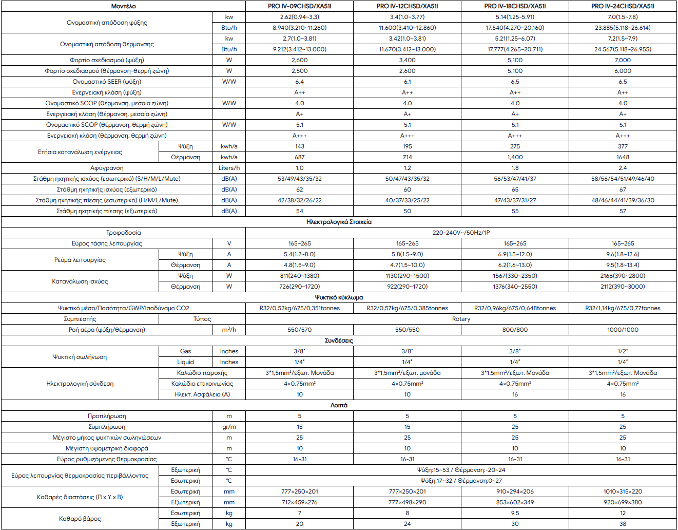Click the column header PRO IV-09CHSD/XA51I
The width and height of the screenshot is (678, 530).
click(x=299, y=6)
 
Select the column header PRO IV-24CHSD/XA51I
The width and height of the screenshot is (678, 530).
click(x=623, y=6)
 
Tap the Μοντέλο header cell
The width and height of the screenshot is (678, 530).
click(x=123, y=6)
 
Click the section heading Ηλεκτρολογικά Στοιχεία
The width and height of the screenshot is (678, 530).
click(x=339, y=222)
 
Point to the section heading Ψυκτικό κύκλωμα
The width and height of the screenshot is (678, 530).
click(x=339, y=297)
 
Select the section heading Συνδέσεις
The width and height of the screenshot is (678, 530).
click(x=339, y=340)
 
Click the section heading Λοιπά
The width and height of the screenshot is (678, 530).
click(x=339, y=405)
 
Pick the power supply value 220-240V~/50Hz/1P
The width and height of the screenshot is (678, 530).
click(x=461, y=233)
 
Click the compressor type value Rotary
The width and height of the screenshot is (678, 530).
click(x=461, y=319)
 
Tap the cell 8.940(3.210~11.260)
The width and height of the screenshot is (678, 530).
click(x=299, y=28)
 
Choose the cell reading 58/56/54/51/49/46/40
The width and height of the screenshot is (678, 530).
click(x=623, y=179)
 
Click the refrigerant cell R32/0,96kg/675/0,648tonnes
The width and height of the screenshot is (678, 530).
click(x=515, y=308)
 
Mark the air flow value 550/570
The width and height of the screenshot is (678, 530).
click(x=299, y=330)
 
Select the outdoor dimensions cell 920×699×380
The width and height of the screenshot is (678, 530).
click(x=623, y=502)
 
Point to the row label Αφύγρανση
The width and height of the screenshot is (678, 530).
click(x=107, y=168)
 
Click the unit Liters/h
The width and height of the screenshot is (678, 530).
click(x=229, y=168)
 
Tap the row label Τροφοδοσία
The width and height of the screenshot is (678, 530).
click(x=123, y=233)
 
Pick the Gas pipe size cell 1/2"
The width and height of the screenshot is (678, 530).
click(x=623, y=351)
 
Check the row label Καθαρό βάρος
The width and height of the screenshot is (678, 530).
click(x=80, y=519)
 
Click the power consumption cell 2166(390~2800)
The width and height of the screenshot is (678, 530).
click(x=623, y=276)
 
